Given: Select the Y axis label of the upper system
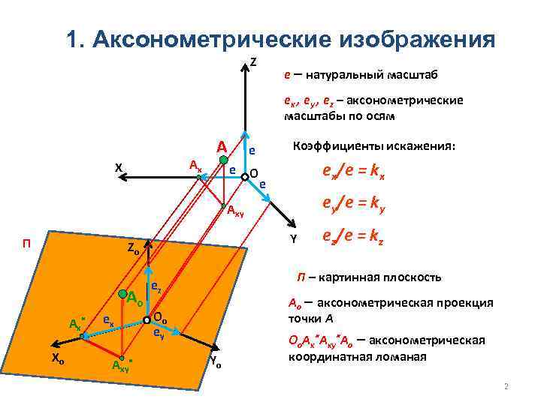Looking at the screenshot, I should point(294,239).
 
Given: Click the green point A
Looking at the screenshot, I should point(223,160).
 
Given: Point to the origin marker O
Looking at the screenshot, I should point(245,178).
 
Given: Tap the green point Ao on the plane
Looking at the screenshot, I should point(121,293).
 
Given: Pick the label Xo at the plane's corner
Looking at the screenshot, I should point(57,358).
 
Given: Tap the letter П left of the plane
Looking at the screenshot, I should point(26,241).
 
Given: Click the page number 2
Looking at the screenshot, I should point(506,387).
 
